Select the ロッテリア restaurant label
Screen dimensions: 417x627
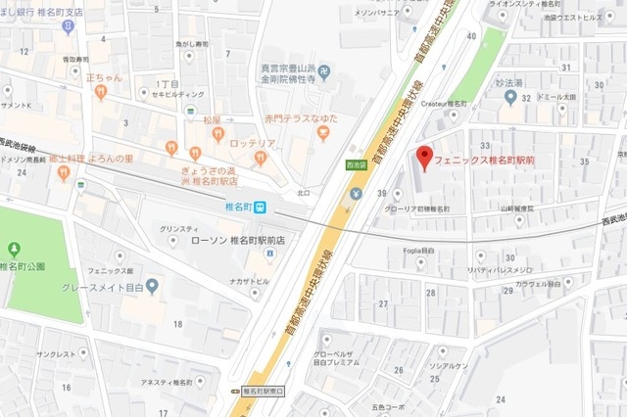(253, 143)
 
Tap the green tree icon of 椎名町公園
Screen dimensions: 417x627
(14, 250)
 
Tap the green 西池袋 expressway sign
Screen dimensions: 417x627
(357, 167)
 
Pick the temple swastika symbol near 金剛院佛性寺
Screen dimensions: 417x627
(324, 70)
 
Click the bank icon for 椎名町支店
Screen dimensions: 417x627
(68, 25)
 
